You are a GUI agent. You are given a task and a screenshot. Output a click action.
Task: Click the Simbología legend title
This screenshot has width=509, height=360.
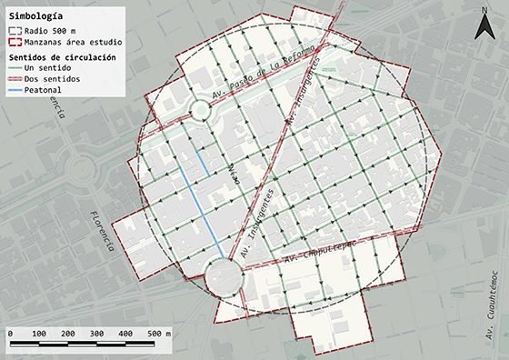coord(36,15)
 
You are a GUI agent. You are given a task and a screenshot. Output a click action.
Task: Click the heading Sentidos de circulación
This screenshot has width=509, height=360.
coord(64,56)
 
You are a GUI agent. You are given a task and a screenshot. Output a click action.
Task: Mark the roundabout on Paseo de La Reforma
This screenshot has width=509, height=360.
coord(199,113)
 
